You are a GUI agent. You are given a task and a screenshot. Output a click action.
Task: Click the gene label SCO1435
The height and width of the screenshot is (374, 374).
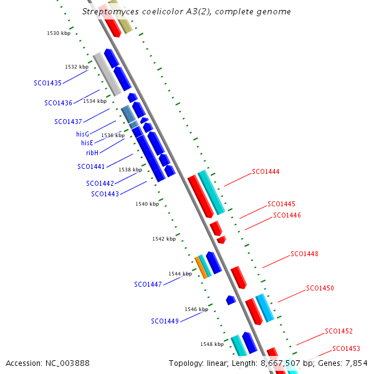[47, 83]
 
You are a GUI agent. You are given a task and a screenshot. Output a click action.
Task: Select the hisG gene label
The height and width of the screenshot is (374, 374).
[82, 134]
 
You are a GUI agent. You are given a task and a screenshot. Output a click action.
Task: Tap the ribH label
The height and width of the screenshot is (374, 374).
[92, 153]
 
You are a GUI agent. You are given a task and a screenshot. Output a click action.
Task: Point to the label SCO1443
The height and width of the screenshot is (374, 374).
[104, 194]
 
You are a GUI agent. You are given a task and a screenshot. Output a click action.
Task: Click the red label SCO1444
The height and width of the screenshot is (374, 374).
[266, 171]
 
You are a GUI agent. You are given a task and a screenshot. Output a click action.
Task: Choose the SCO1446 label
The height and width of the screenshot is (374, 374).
[287, 216]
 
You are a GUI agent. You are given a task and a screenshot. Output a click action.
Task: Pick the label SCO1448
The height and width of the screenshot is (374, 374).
[304, 254]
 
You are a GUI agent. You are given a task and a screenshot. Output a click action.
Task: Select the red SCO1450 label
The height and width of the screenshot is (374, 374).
[320, 289]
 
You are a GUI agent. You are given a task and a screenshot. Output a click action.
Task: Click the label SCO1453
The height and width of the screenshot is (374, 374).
[346, 348]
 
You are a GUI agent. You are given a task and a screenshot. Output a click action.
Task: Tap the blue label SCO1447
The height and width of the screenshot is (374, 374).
[148, 284]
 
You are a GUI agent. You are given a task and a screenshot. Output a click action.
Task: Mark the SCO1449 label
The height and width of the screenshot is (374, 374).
[165, 322]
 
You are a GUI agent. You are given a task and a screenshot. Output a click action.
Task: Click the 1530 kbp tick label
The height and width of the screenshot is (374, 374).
[59, 33]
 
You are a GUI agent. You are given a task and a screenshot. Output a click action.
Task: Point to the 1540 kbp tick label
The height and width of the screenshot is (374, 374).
[147, 204]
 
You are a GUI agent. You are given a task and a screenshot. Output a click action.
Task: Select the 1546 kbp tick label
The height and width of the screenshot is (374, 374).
[196, 309]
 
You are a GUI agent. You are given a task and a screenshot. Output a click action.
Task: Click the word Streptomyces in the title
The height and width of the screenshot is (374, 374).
[109, 12]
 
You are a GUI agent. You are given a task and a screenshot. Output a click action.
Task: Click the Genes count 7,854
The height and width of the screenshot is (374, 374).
[357, 363]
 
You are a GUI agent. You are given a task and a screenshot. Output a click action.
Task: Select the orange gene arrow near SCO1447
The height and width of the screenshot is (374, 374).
[201, 267]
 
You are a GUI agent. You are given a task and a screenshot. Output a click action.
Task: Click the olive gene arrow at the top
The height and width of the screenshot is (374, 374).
[121, 17]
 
